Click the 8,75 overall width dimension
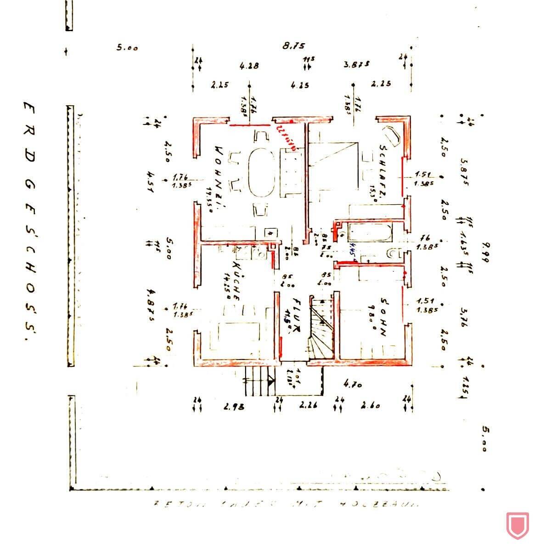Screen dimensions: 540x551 click(x=294, y=46)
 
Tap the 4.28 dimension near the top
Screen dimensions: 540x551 click(x=249, y=66)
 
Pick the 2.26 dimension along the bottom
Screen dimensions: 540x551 click(x=308, y=405)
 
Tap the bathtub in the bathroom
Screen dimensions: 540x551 click(x=370, y=233)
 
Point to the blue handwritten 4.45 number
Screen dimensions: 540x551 click(x=350, y=257)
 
